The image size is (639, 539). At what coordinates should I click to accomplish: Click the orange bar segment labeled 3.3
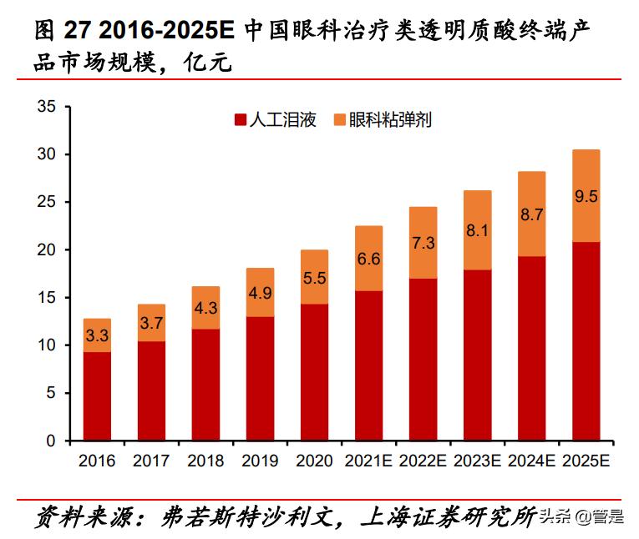[x=98, y=335]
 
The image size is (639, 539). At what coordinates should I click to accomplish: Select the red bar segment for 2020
[x=314, y=372]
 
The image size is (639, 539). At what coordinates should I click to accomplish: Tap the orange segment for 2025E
[x=586, y=196]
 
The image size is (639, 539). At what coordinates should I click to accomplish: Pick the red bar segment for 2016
[x=98, y=396]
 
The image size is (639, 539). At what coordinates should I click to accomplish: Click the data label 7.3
[x=423, y=243]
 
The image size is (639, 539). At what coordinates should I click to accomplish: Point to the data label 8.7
[x=531, y=214]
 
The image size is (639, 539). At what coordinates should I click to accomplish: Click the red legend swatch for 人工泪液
[x=241, y=120]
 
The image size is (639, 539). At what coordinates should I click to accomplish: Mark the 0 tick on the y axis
[x=50, y=441]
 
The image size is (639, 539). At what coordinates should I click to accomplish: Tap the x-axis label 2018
[x=205, y=461]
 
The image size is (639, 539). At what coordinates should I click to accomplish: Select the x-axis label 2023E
[x=477, y=461]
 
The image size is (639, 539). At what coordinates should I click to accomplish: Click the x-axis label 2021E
[x=368, y=461]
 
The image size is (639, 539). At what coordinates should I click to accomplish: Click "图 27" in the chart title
[x=61, y=31]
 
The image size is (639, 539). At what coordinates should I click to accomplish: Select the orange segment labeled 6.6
[x=368, y=259]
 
